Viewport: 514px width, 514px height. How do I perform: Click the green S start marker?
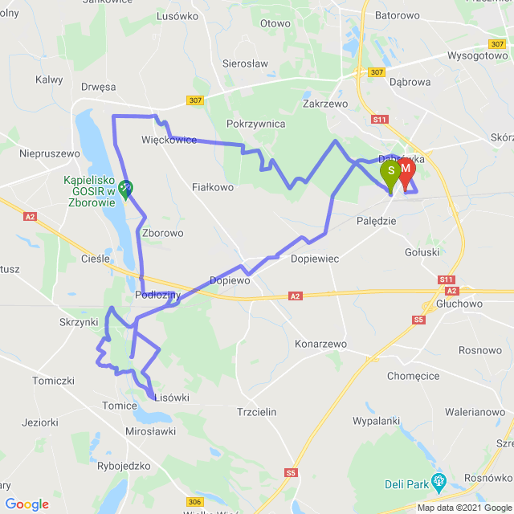coord(390,172)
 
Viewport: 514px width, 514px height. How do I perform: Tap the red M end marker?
coord(406,169)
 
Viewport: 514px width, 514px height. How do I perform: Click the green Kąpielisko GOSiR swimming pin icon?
coord(125,189)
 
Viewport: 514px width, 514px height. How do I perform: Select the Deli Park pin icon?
coord(438,483)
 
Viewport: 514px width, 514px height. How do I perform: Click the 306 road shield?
coord(194,502)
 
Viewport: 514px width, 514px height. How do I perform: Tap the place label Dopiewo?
coord(230,281)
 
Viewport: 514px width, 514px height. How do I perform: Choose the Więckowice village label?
coord(169,140)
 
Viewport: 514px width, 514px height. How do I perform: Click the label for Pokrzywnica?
coord(256,124)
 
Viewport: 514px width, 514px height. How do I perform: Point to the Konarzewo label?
coord(320,344)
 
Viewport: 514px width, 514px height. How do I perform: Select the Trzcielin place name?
coord(257,411)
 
